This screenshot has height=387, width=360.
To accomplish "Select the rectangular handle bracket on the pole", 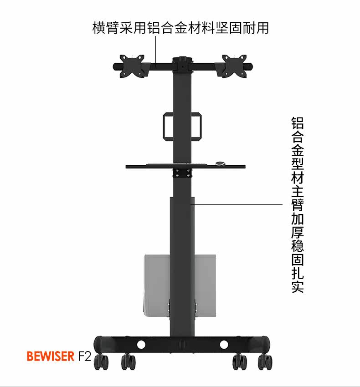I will pos(182,126).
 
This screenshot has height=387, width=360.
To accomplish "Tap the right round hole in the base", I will pos(224,345).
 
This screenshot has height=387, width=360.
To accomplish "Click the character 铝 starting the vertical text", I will pos(298,123).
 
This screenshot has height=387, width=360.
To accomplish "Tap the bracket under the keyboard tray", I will pos(182,173).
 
